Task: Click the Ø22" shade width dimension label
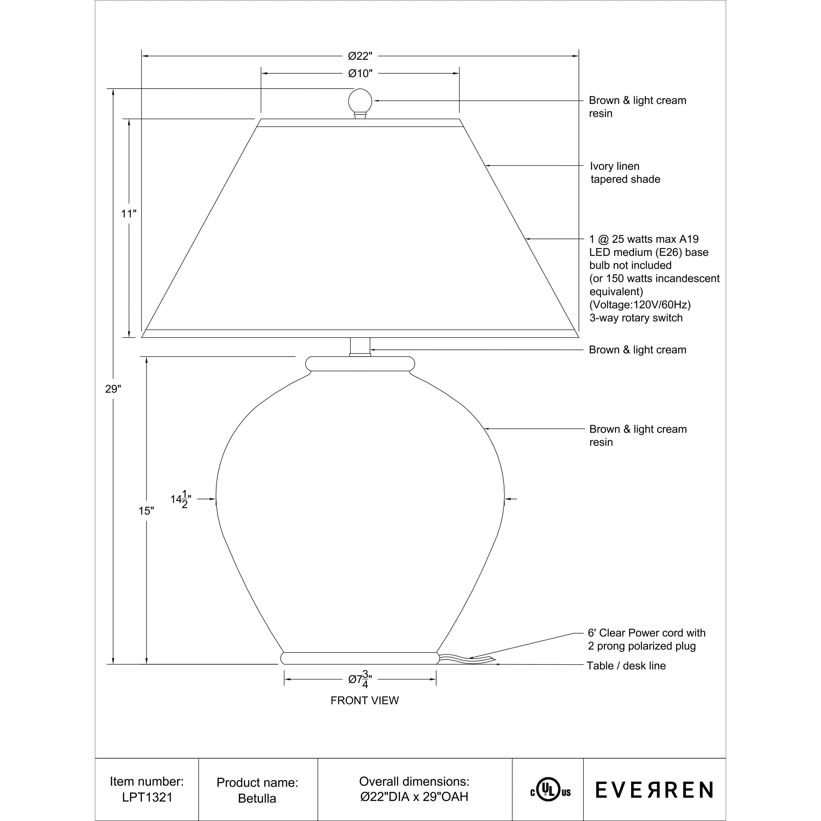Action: (x=360, y=56)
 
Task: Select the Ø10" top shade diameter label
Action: (x=360, y=74)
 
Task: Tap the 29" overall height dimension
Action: (x=113, y=389)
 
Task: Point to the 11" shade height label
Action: (x=129, y=214)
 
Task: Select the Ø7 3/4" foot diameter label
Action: (x=360, y=679)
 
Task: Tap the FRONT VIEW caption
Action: (x=365, y=700)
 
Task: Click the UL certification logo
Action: (x=550, y=789)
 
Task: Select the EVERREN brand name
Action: (x=654, y=790)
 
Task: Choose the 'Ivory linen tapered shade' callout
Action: (x=625, y=172)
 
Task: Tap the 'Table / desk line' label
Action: (x=626, y=666)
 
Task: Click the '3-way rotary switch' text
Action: (x=636, y=318)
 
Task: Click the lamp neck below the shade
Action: (x=360, y=346)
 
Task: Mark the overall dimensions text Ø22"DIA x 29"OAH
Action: (x=414, y=796)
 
